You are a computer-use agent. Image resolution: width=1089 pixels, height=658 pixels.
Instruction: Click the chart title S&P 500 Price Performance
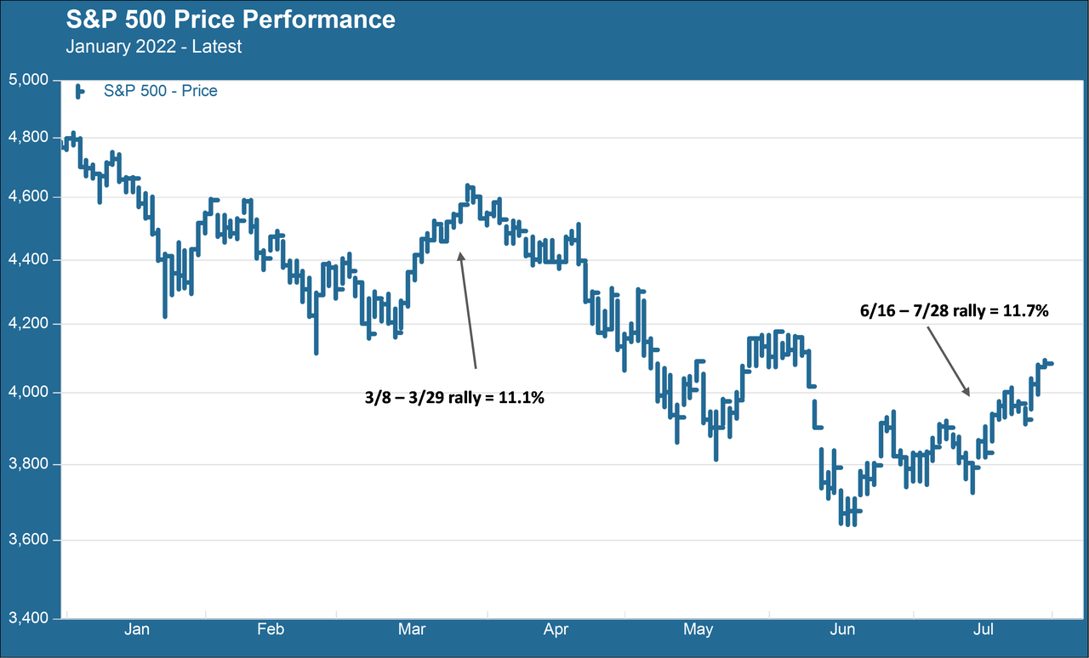231,20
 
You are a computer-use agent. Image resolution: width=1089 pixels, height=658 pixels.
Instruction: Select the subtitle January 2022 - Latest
154,47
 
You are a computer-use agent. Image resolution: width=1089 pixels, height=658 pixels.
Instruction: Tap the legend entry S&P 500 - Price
161,91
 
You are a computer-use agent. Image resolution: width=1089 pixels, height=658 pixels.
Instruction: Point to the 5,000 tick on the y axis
29,79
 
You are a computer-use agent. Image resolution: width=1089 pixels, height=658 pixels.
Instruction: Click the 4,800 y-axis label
29,137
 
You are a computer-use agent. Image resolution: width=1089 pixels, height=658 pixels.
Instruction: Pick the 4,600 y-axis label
29,197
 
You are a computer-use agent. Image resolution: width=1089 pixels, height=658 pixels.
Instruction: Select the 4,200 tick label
29,324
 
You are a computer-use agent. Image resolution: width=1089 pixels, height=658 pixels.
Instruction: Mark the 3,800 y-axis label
29,464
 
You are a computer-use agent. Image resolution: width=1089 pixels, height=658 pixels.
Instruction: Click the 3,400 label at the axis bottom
29,618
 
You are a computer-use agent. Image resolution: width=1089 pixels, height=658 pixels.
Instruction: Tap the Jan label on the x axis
137,629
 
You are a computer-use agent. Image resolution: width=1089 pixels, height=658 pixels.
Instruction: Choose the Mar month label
412,629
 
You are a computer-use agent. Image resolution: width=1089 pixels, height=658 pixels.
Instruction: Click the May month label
698,630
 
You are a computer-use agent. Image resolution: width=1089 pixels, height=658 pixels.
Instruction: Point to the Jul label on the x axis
983,629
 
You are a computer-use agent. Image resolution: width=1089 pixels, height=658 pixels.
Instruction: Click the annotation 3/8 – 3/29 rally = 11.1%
454,398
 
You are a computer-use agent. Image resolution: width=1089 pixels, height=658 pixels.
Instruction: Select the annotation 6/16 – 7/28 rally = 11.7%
955,311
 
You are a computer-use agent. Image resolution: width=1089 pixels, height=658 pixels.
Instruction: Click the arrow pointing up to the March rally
468,310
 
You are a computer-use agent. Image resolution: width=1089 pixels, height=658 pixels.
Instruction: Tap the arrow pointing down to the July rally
949,362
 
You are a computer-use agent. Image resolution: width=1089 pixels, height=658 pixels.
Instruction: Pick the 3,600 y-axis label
29,540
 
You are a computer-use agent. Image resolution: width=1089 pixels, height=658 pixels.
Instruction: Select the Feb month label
271,629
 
